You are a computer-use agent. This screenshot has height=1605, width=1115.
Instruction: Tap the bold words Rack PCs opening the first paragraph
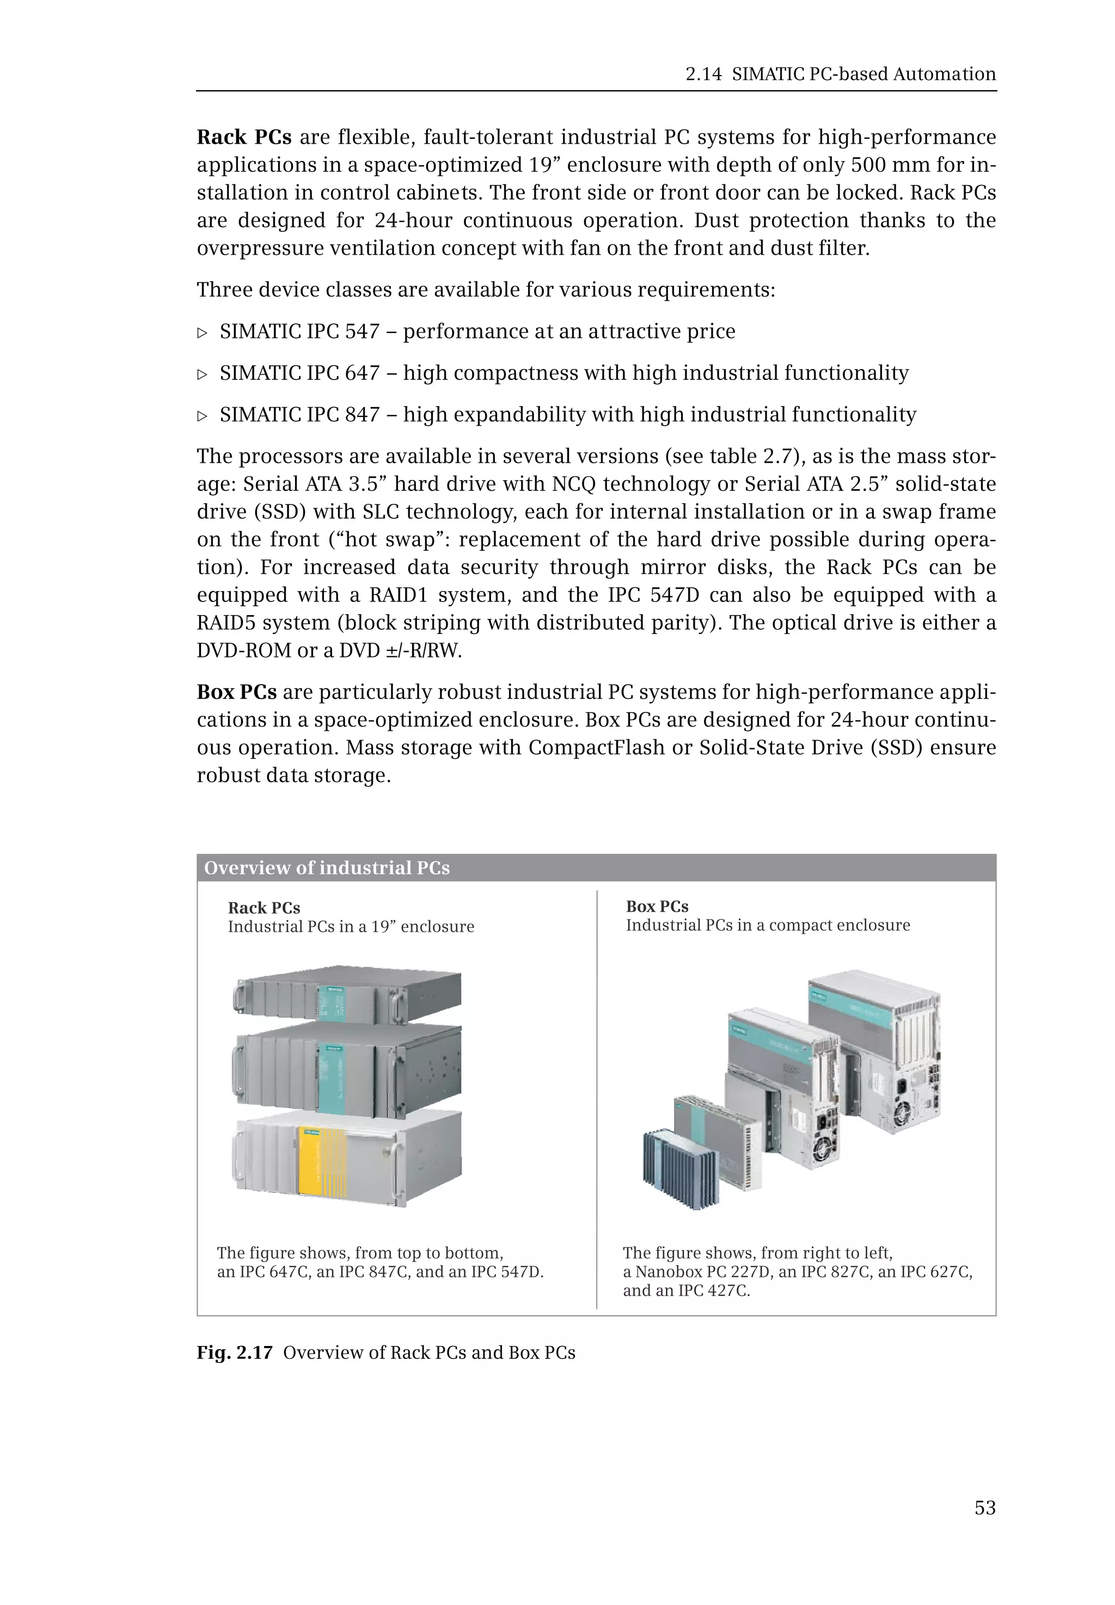pyautogui.click(x=244, y=137)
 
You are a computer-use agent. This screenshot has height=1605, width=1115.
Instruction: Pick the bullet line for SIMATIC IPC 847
pyautogui.click(x=567, y=414)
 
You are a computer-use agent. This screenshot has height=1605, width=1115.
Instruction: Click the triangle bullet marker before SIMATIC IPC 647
pyautogui.click(x=203, y=374)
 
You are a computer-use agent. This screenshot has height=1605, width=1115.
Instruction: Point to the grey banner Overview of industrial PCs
pyautogui.click(x=596, y=868)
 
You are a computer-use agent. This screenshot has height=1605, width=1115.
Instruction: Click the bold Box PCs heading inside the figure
pyautogui.click(x=657, y=907)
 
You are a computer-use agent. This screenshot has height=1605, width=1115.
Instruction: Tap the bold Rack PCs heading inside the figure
pyautogui.click(x=264, y=908)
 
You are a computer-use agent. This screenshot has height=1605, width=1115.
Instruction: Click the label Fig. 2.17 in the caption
pyautogui.click(x=234, y=1352)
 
